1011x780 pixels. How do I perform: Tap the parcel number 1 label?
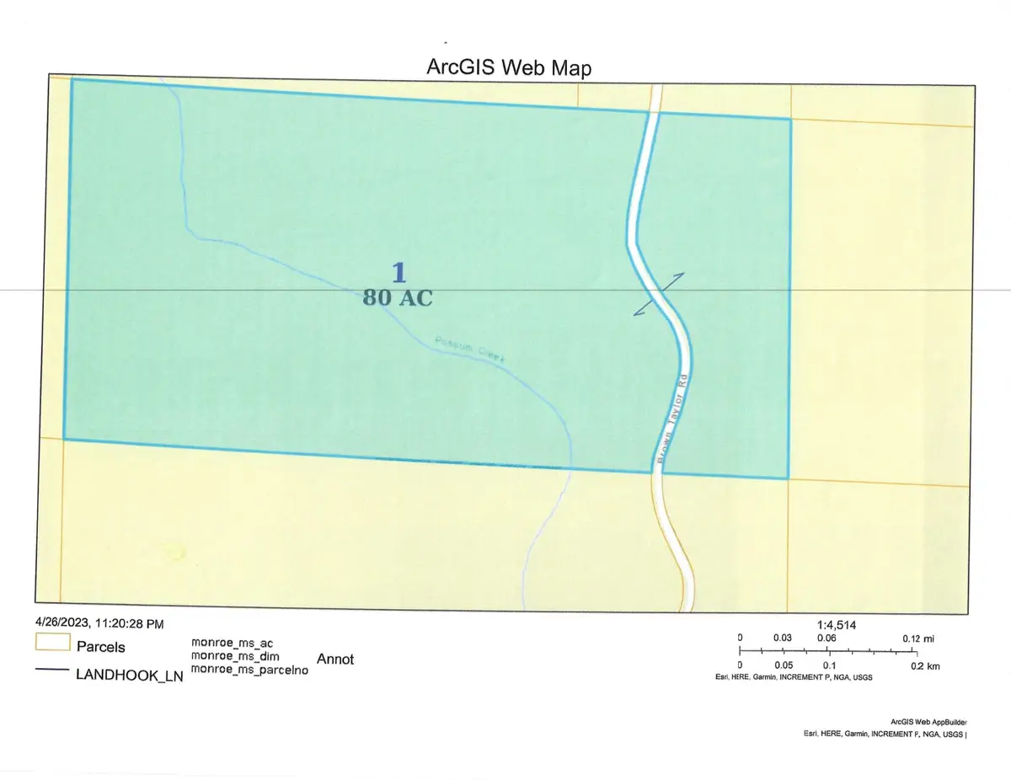pos(399,272)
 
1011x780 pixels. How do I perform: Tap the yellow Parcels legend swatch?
pos(51,646)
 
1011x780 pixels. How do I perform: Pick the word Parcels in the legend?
pos(101,647)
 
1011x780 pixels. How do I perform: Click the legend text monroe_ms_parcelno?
pos(249,670)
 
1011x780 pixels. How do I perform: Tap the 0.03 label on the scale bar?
pos(784,638)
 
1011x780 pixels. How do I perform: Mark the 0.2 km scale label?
pos(924,665)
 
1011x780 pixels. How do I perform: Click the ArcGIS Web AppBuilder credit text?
pos(928,722)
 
